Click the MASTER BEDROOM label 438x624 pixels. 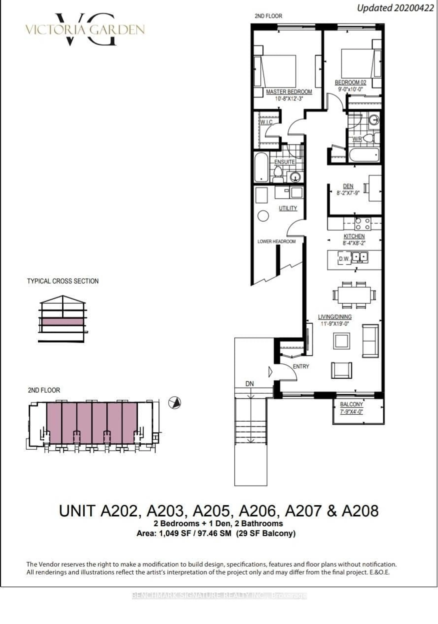click(x=289, y=92)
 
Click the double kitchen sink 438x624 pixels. click(x=360, y=257)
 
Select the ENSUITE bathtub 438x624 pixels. click(x=261, y=167)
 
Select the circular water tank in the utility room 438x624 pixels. click(x=263, y=216)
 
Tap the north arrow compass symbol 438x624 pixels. click(x=175, y=403)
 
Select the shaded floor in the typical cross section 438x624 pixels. click(x=62, y=322)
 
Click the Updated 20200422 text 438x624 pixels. click(x=395, y=8)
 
